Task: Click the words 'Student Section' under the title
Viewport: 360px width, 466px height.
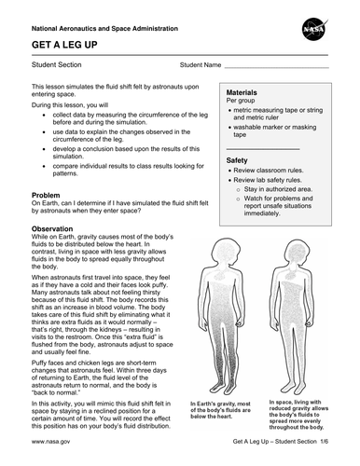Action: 59,67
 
